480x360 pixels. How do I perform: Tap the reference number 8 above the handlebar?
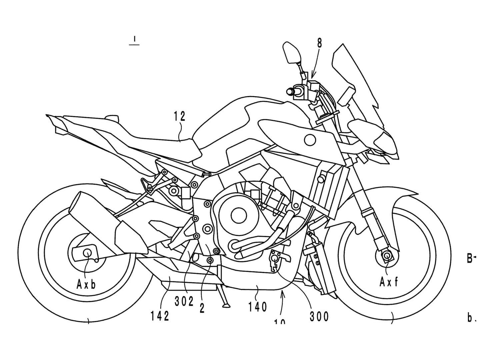319,44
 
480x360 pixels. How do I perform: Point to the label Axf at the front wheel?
388,282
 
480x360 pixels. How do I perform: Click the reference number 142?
160,316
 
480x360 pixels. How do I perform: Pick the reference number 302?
184,301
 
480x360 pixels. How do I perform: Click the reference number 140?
257,306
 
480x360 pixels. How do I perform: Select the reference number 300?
319,316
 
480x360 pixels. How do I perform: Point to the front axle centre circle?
387,256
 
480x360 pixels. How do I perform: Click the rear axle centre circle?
88,252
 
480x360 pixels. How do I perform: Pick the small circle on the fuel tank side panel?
310,139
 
